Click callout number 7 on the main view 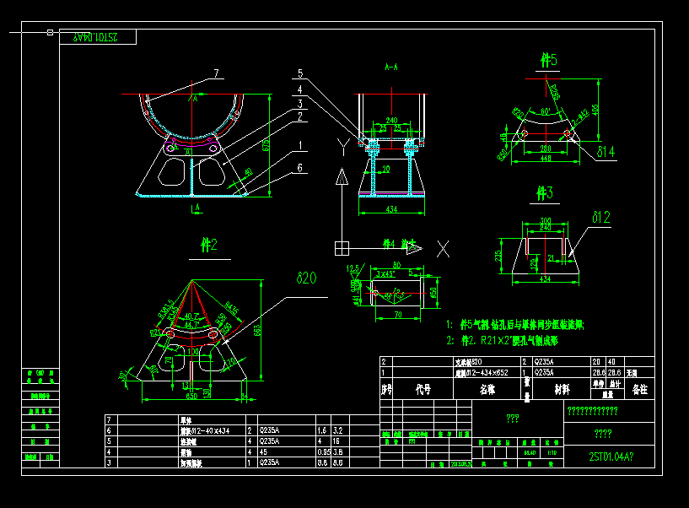coord(216,74)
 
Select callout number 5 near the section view coord(299,73)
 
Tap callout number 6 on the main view coord(299,168)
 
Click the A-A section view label coord(391,66)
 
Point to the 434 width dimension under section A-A coord(390,208)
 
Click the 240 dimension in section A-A coord(391,120)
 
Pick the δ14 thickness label coord(606,152)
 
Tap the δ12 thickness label coord(600,218)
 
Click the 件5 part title coord(548,61)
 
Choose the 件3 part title coord(546,194)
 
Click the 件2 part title coord(208,245)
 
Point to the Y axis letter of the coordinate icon coord(341,146)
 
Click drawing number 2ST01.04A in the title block coord(610,457)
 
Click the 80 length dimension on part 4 coord(396,265)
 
